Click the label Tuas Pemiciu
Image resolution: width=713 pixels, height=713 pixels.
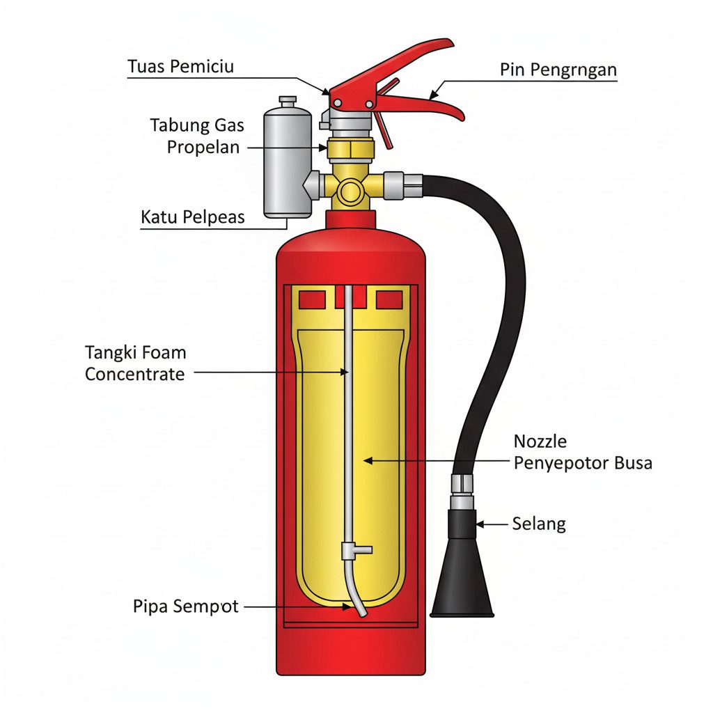[180, 67]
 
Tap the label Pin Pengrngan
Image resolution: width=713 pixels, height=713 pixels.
[558, 70]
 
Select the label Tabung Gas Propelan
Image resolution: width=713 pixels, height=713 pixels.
[197, 136]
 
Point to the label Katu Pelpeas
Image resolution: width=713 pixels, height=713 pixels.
[193, 217]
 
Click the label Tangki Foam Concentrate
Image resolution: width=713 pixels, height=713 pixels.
[135, 363]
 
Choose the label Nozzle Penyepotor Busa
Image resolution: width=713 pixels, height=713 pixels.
[583, 452]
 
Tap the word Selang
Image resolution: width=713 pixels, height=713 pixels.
[539, 524]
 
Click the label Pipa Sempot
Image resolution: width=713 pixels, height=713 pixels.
[185, 606]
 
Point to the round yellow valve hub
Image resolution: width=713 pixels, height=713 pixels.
[350, 189]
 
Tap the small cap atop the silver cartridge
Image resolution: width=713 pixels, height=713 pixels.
[287, 102]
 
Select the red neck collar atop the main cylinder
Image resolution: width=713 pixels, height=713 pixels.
[350, 220]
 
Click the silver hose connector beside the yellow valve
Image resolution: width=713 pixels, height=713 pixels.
[403, 185]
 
